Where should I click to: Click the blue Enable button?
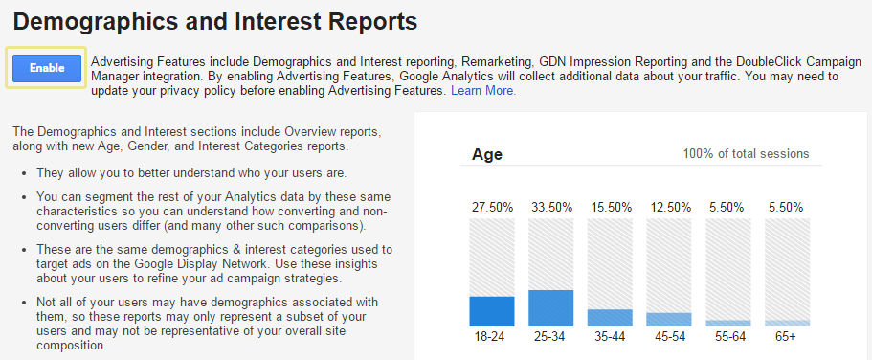tap(47, 68)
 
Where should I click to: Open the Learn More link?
tap(482, 91)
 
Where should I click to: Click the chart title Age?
tap(487, 154)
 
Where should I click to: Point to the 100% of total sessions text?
tap(746, 154)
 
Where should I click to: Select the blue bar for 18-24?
tap(492, 311)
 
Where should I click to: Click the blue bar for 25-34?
tap(550, 307)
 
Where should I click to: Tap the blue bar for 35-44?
tap(610, 318)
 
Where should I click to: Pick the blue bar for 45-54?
tap(669, 320)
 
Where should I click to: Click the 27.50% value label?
tap(492, 207)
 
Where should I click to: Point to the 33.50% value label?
tap(550, 207)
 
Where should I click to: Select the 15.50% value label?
tap(610, 207)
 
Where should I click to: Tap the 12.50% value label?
tap(669, 207)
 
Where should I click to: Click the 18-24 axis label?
tap(492, 337)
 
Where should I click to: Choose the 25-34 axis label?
tap(550, 337)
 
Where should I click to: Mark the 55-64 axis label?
tap(728, 337)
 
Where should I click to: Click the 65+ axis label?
tap(787, 337)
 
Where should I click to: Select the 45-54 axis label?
tap(669, 337)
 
